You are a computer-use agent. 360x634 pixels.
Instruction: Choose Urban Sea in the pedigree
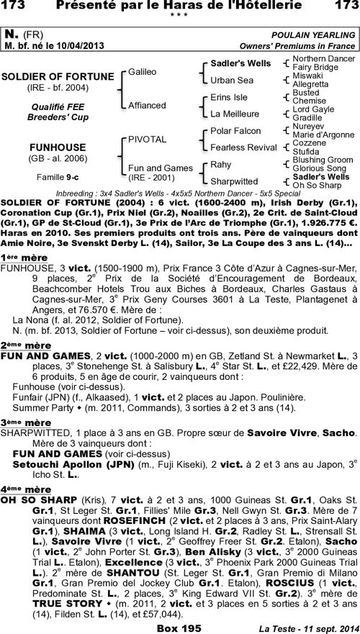[230, 79]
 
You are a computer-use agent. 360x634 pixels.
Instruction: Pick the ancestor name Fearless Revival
[243, 148]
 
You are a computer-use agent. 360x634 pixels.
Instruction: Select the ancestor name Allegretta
[312, 84]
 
